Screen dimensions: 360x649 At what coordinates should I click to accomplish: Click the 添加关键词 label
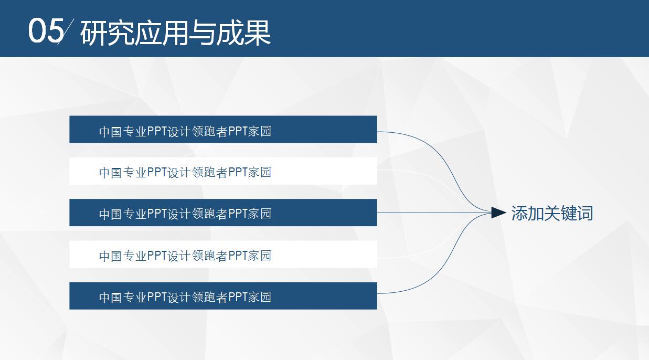pyautogui.click(x=552, y=214)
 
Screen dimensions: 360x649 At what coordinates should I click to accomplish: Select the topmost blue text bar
pyautogui.click(x=223, y=129)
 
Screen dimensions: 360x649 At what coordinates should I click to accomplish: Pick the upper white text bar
pyautogui.click(x=223, y=171)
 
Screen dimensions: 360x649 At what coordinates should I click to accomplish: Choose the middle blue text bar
pyautogui.click(x=223, y=213)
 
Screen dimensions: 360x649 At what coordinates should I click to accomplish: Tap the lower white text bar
pyautogui.click(x=223, y=255)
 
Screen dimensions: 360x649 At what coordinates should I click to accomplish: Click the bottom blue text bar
pyautogui.click(x=223, y=296)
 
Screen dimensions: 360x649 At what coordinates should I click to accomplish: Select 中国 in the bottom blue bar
pyautogui.click(x=110, y=298)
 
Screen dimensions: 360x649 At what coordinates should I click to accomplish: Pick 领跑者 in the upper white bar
pyautogui.click(x=210, y=173)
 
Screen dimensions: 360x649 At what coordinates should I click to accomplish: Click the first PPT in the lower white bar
pyautogui.click(x=157, y=256)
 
